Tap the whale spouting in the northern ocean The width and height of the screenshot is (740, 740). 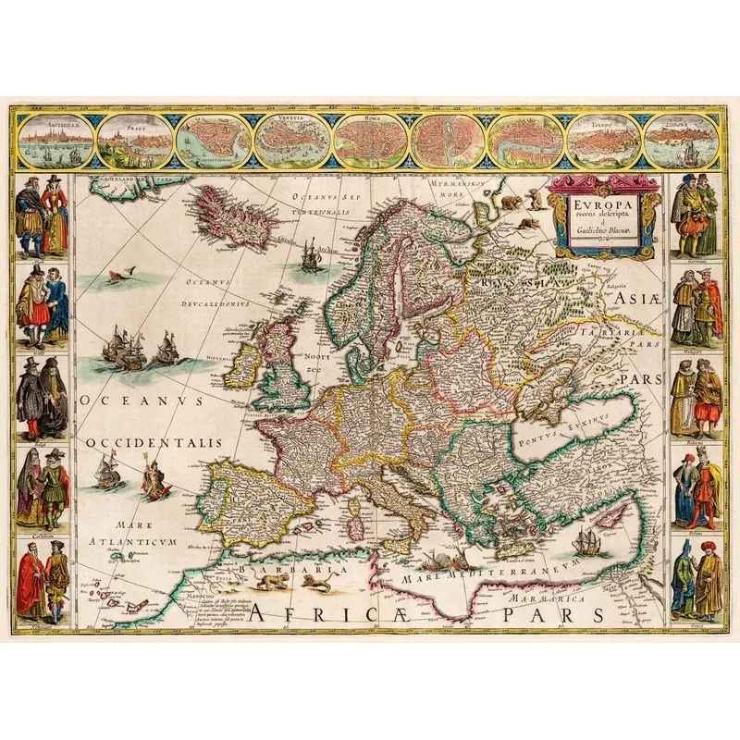coord(116,274)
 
